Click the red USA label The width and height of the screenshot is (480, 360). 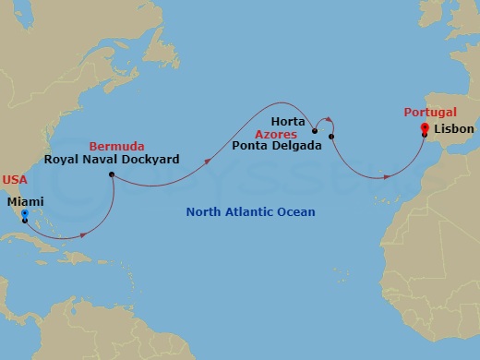pyautogui.click(x=15, y=179)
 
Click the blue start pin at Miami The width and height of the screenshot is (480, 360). pyautogui.click(x=24, y=215)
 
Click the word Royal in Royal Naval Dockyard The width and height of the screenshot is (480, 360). pyautogui.click(x=62, y=160)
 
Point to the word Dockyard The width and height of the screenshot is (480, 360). pyautogui.click(x=150, y=160)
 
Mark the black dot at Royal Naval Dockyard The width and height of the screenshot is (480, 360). pyautogui.click(x=111, y=174)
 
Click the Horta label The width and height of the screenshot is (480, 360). pyautogui.click(x=290, y=121)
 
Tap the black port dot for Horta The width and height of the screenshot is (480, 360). pyautogui.click(x=316, y=130)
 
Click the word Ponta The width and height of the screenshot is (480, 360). pyautogui.click(x=252, y=146)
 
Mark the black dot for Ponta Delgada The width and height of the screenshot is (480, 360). pyautogui.click(x=331, y=138)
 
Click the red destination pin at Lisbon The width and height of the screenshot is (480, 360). pyautogui.click(x=424, y=128)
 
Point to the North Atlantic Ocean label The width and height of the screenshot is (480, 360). pyautogui.click(x=250, y=212)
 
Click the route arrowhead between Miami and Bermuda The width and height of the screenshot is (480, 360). pyautogui.click(x=84, y=234)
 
